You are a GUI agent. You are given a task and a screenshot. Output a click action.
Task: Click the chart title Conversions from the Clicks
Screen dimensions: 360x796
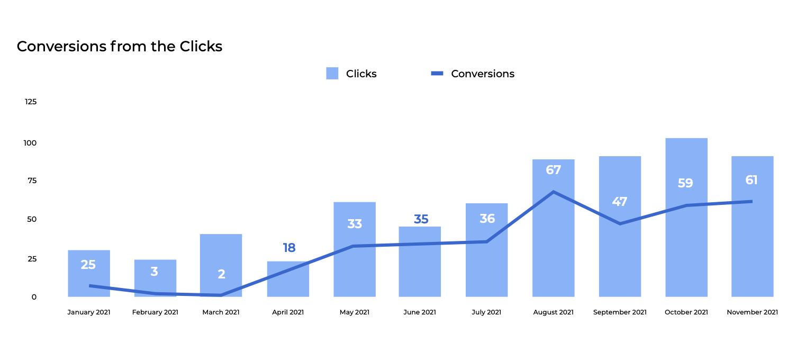pyautogui.click(x=120, y=47)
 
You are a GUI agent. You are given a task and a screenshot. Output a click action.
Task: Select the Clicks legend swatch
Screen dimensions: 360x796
pyautogui.click(x=332, y=74)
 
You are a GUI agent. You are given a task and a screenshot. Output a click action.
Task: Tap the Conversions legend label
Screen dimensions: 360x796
pyautogui.click(x=482, y=74)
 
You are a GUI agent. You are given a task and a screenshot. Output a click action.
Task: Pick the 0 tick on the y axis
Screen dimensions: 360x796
pyautogui.click(x=34, y=297)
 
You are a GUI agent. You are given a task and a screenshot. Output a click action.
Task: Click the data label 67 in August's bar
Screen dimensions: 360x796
pyautogui.click(x=553, y=170)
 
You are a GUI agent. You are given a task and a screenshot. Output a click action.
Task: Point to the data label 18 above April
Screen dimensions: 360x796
pyautogui.click(x=289, y=248)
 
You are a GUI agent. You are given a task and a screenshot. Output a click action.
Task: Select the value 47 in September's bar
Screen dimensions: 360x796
pyautogui.click(x=620, y=202)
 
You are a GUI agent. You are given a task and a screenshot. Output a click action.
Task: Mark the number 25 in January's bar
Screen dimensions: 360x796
pyautogui.click(x=88, y=265)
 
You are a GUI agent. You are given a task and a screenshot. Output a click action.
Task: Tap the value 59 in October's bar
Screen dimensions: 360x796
pyautogui.click(x=685, y=183)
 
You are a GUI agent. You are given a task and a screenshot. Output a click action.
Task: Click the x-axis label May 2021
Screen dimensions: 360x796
pyautogui.click(x=355, y=312)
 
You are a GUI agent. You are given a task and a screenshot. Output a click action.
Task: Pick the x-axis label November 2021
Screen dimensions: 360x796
pyautogui.click(x=752, y=312)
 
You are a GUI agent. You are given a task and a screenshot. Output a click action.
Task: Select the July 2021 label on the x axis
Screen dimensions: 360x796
pyautogui.click(x=487, y=312)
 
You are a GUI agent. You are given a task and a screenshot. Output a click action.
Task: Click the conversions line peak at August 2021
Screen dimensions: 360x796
pyautogui.click(x=554, y=192)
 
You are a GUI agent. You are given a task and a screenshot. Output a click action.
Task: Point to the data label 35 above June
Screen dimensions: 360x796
pyautogui.click(x=421, y=219)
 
